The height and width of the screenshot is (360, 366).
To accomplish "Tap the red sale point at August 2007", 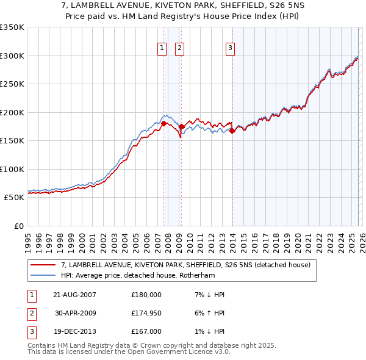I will [x=164, y=123].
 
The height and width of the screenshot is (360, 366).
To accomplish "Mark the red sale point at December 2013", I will [x=232, y=131].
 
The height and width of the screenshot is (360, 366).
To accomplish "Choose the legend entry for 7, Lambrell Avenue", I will [x=186, y=265].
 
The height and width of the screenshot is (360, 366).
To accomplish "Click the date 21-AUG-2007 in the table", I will [x=75, y=295].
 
